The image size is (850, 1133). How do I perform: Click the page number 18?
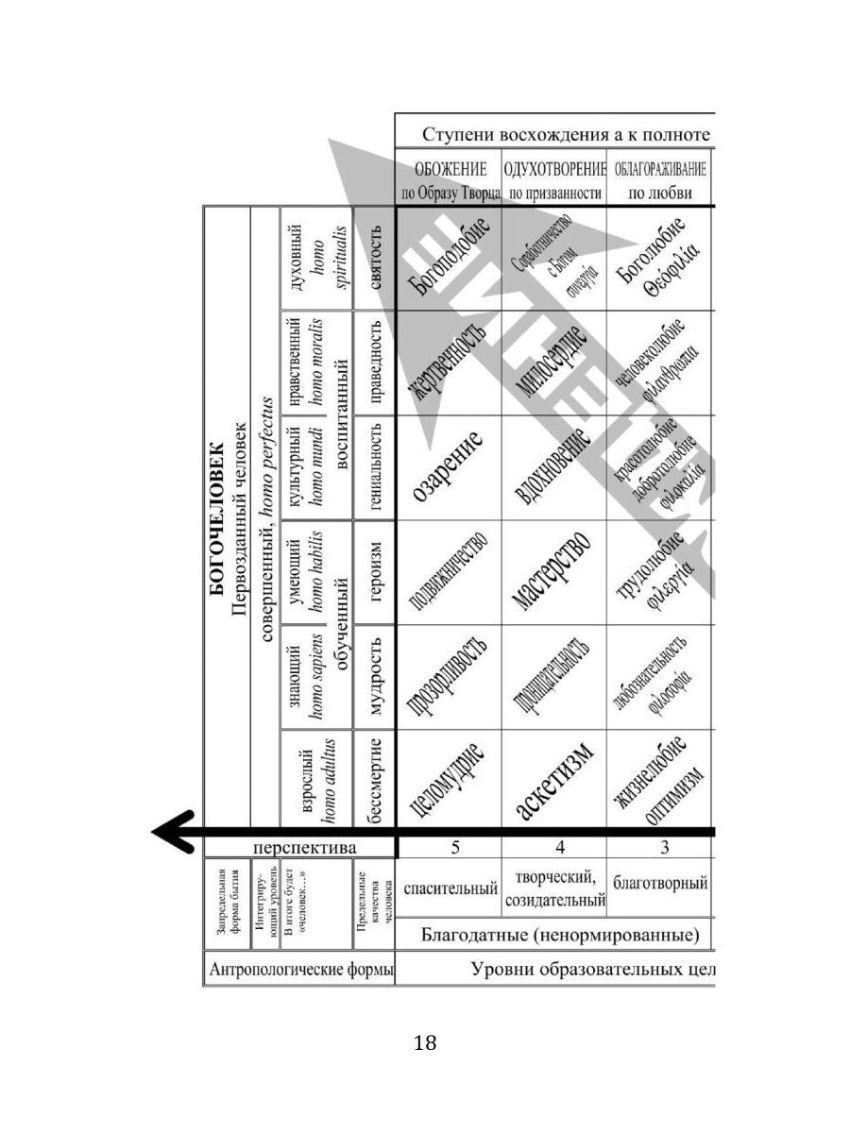pos(425,1043)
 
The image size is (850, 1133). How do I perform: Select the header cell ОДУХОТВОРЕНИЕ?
pos(554,180)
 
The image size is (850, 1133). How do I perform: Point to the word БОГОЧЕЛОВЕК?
pos(216,517)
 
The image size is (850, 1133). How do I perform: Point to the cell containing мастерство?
pos(554,572)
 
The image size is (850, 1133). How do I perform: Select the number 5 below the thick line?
pos(454,847)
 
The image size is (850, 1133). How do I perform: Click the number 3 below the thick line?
pos(664,847)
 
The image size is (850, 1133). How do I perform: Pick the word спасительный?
pos(450,888)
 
